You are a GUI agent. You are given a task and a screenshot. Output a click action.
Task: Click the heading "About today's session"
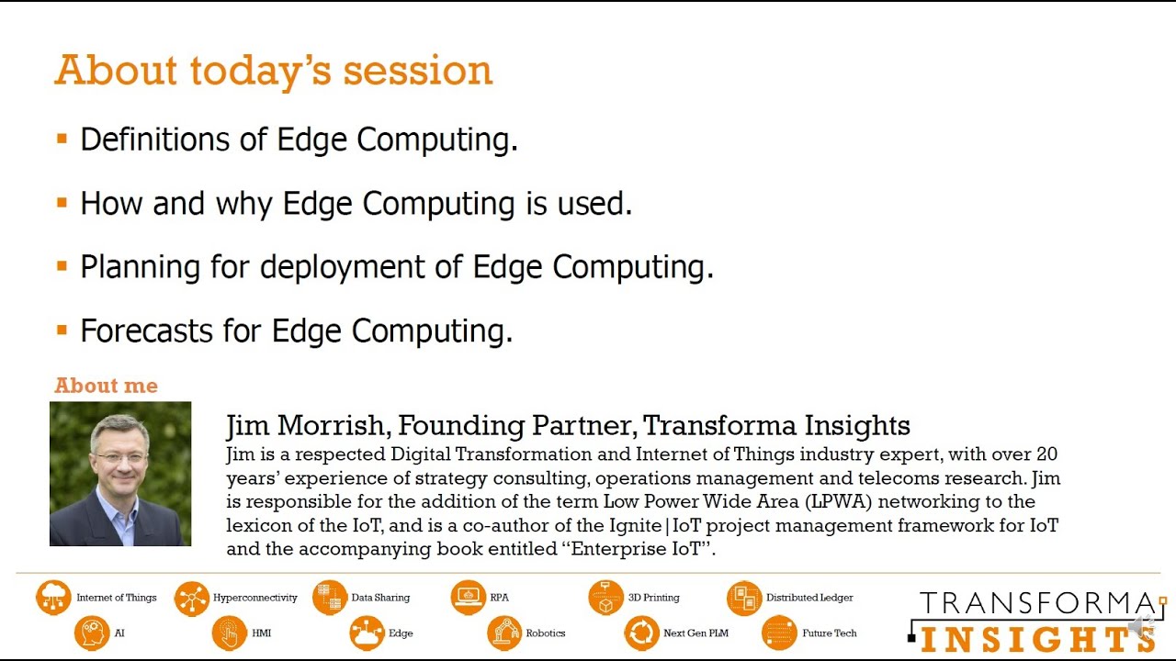[x=273, y=71]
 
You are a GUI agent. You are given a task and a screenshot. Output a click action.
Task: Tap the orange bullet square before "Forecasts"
[x=62, y=330]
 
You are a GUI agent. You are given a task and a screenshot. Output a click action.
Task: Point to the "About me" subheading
[x=106, y=386]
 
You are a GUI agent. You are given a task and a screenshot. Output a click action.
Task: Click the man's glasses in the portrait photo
[x=120, y=455]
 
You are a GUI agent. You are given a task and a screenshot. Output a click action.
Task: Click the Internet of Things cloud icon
[x=53, y=598]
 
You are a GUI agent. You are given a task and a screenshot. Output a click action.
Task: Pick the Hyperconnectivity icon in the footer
[x=191, y=599]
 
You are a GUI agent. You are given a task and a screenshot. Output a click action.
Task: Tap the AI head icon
[x=92, y=633]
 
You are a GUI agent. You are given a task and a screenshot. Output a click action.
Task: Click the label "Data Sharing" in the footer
[x=380, y=598]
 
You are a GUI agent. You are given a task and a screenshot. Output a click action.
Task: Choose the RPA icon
[x=468, y=598]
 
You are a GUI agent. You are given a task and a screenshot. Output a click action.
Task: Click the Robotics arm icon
[x=503, y=633]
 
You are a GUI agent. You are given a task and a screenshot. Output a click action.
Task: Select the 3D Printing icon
[x=605, y=598]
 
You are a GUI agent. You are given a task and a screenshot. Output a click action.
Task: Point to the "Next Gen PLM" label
[x=695, y=633]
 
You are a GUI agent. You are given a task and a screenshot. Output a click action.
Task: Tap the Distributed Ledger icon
[x=743, y=598]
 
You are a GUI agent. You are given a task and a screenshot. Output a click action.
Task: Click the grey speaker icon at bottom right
[x=1141, y=628]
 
